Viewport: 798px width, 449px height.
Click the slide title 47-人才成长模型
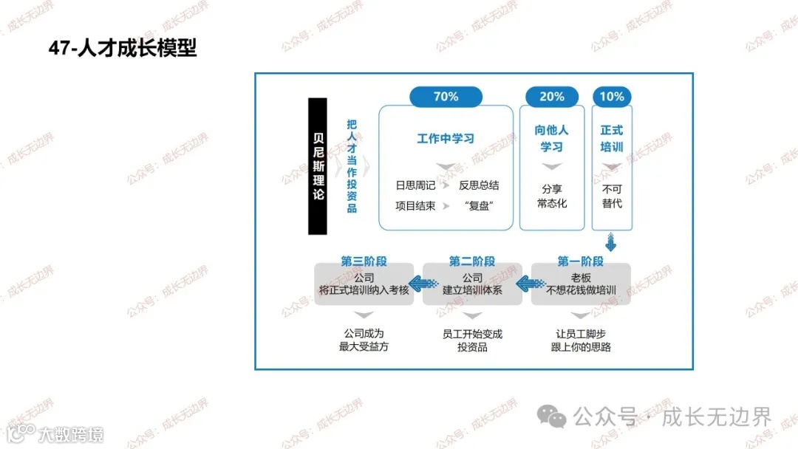pos(123,49)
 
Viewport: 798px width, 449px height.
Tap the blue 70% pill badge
pos(446,97)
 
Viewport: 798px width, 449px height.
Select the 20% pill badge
pos(552,97)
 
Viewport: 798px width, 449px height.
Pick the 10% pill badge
pos(612,97)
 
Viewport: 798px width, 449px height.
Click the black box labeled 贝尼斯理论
pos(318,166)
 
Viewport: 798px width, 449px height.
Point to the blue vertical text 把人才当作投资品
pos(352,166)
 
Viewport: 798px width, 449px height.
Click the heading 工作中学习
pos(446,138)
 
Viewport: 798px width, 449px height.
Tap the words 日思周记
pos(415,185)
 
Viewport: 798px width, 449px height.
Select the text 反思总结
pos(479,185)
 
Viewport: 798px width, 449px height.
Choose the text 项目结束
pos(415,205)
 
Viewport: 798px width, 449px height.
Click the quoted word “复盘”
pos(479,205)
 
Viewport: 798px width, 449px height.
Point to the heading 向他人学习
pos(552,138)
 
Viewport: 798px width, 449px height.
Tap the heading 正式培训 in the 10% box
pos(612,138)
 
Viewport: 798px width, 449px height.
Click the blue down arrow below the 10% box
pos(611,242)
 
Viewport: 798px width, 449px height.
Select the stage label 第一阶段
pos(580,261)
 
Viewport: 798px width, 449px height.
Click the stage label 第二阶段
pos(472,261)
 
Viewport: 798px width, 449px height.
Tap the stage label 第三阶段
pos(364,261)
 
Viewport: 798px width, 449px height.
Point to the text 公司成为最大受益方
pos(364,340)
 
